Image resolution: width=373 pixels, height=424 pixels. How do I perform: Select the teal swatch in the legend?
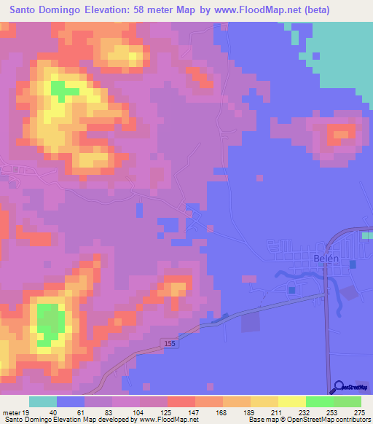43,401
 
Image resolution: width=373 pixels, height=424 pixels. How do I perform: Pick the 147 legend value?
195,412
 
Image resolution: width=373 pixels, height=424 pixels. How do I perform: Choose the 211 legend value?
277,412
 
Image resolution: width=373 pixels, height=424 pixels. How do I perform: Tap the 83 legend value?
111,412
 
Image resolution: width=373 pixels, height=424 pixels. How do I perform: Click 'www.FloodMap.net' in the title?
251,10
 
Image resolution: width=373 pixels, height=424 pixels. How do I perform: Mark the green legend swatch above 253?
319,401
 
